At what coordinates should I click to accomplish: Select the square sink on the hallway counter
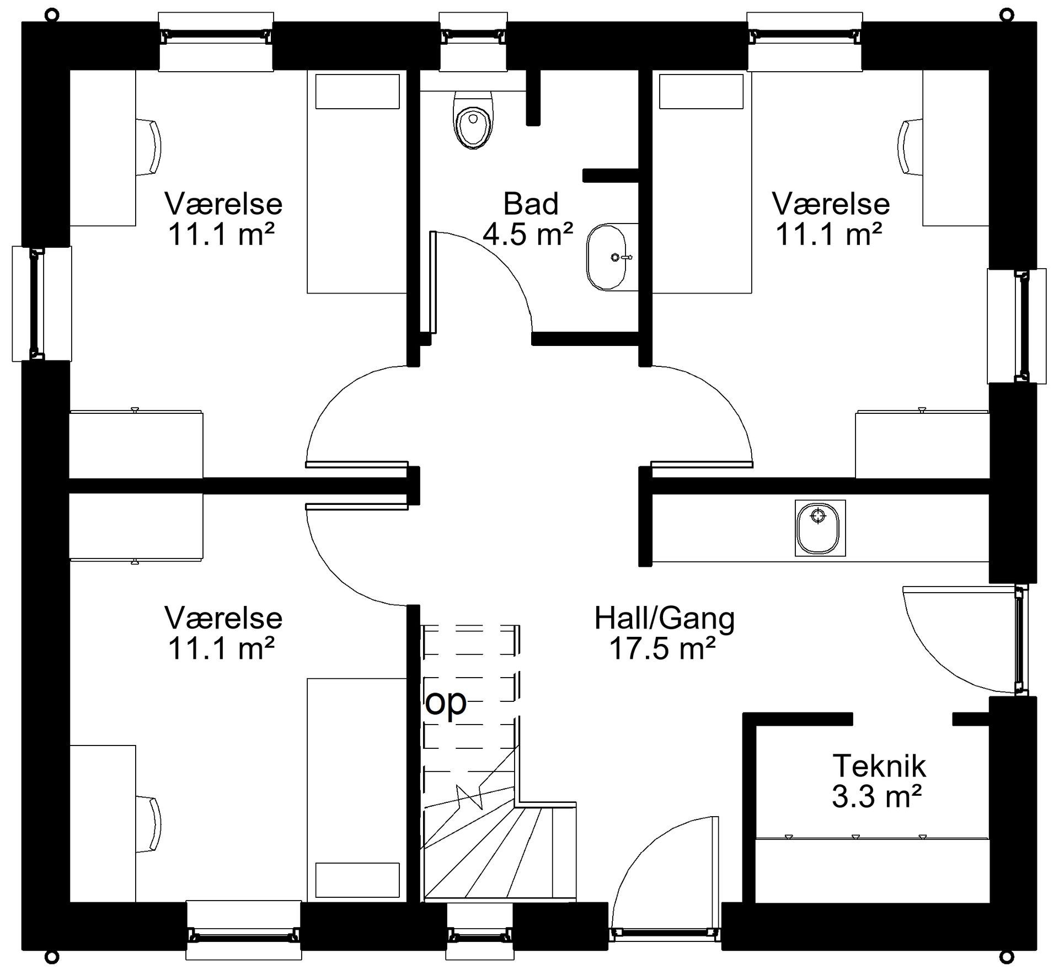click(x=820, y=528)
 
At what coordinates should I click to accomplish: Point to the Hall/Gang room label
click(x=665, y=619)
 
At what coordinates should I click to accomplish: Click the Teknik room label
click(x=879, y=766)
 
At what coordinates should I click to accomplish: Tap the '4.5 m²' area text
click(x=528, y=233)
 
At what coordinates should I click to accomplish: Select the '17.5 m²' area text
click(x=662, y=648)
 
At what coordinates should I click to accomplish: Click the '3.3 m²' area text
click(x=877, y=796)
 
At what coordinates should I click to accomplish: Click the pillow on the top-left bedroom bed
click(x=357, y=92)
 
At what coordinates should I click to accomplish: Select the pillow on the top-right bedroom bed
click(x=701, y=92)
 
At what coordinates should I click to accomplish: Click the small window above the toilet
click(x=473, y=41)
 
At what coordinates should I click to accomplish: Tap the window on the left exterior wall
click(x=42, y=304)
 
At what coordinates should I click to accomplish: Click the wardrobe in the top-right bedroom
click(x=922, y=444)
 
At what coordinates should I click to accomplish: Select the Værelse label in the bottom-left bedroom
click(x=223, y=618)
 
